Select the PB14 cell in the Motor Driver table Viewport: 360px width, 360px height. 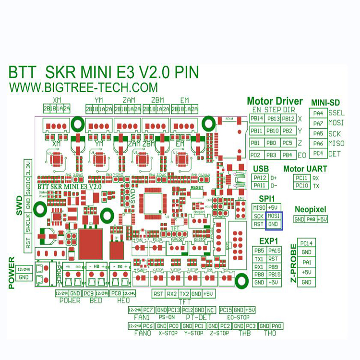[257, 119]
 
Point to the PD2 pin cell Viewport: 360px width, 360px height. [257, 155]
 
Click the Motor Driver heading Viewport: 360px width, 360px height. [275, 101]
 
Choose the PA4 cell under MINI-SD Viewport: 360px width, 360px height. [318, 113]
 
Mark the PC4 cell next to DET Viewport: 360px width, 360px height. [318, 154]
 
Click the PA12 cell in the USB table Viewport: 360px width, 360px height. [259, 178]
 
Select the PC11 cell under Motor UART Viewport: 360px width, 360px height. [302, 178]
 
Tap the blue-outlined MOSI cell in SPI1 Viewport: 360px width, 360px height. [273, 216]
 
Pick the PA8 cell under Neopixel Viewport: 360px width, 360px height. [311, 219]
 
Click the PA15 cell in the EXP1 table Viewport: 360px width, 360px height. [274, 251]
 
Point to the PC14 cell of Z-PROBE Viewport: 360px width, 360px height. [307, 243]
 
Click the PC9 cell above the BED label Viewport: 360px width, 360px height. [89, 293]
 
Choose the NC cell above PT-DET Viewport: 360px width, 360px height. [211, 310]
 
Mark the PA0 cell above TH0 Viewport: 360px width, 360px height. [277, 326]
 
